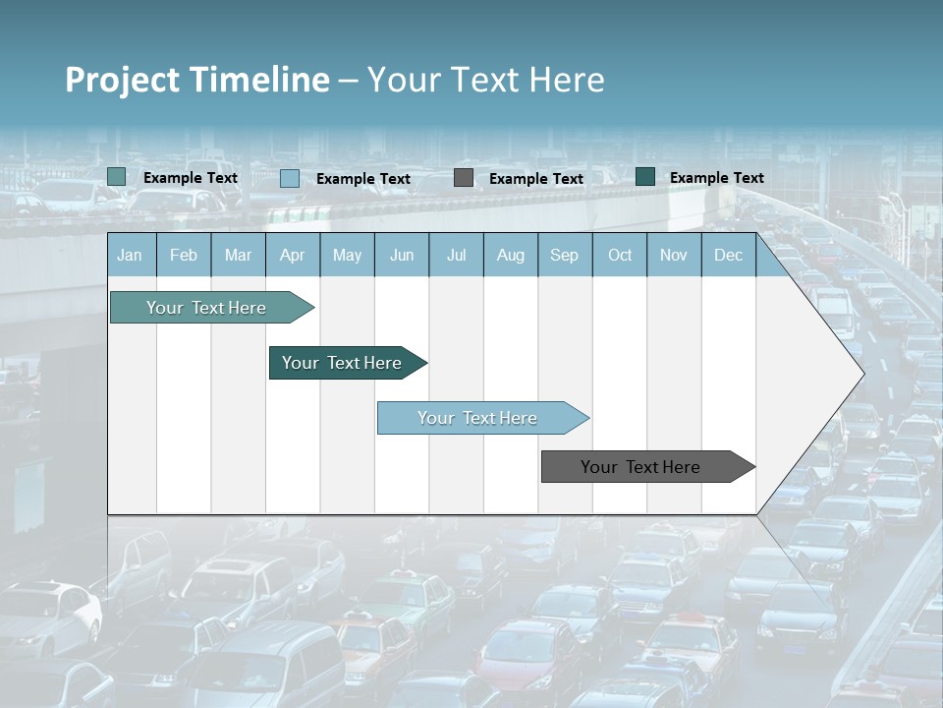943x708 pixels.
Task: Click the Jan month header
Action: [x=131, y=255]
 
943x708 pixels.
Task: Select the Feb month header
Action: [x=184, y=255]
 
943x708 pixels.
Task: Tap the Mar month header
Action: [x=238, y=255]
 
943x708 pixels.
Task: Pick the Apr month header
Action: [x=293, y=255]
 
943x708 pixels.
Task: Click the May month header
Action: [x=347, y=255]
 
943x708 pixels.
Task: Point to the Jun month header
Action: [x=402, y=255]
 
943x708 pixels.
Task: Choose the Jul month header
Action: [x=456, y=255]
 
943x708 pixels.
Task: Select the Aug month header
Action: [x=511, y=255]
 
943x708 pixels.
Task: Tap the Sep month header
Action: [x=565, y=255]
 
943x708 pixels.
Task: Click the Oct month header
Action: [x=620, y=255]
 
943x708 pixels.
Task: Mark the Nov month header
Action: [x=674, y=255]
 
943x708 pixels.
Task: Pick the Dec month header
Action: [x=729, y=255]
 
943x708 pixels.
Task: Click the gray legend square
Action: [x=464, y=178]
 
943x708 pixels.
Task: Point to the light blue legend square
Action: [x=290, y=178]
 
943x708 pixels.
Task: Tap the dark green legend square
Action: [x=645, y=177]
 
